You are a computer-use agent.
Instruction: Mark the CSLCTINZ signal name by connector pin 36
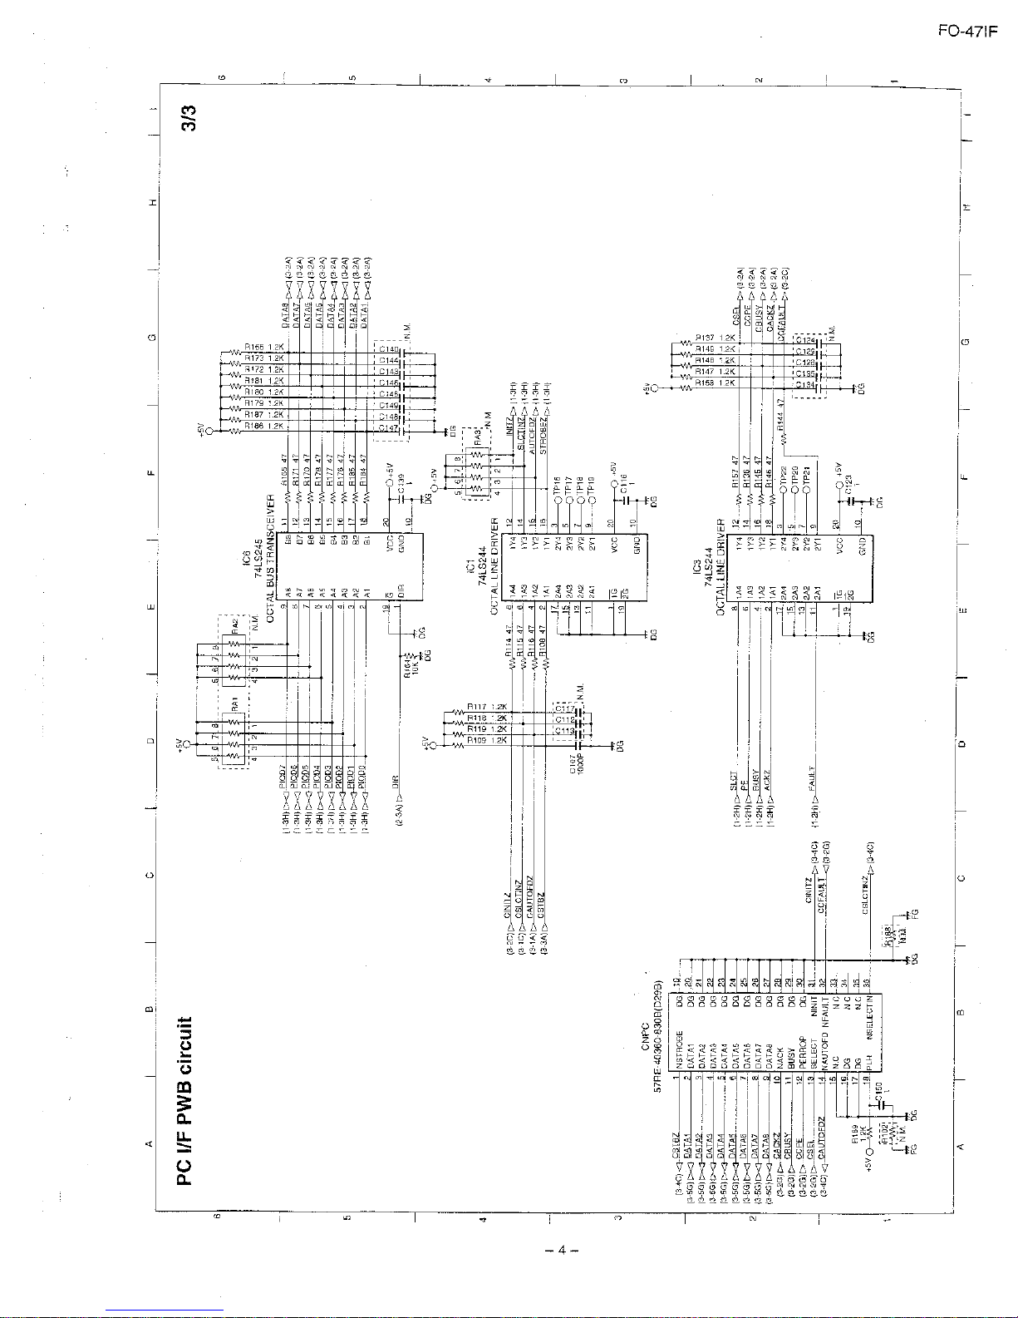tap(866, 896)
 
